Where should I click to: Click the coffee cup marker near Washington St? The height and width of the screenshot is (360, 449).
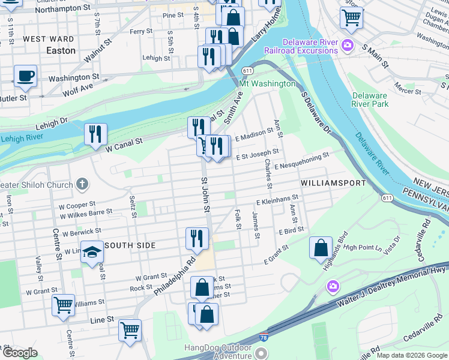(25, 76)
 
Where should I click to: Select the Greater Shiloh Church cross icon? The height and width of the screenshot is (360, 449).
(82, 184)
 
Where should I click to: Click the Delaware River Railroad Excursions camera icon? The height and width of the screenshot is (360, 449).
(347, 45)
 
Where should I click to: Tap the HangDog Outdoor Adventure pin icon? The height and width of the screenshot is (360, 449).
(261, 353)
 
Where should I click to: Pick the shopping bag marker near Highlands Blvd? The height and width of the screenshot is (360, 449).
(321, 247)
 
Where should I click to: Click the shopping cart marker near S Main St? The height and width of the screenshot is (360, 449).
(351, 17)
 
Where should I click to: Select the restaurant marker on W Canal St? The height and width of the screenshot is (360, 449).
(95, 134)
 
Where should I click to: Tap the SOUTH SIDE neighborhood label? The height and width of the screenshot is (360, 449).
(130, 245)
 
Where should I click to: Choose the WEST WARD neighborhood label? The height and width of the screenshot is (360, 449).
(49, 39)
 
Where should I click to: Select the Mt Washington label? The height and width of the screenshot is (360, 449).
(267, 83)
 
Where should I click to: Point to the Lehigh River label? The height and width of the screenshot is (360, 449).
(22, 139)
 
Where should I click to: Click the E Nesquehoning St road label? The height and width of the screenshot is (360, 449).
(301, 161)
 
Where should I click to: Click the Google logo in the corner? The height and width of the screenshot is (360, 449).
(20, 353)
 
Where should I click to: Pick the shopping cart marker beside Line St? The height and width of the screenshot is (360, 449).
(130, 329)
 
